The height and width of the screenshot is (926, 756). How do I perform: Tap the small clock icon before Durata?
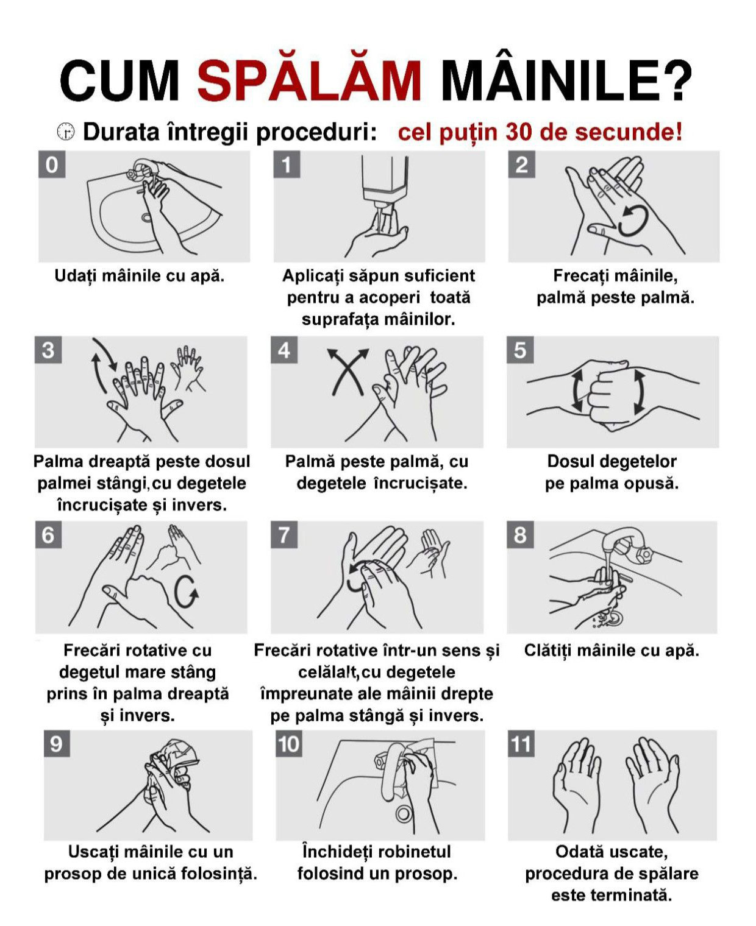tap(65, 131)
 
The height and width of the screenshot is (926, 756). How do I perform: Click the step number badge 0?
tap(52, 164)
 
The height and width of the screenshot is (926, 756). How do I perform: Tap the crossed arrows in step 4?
tap(348, 372)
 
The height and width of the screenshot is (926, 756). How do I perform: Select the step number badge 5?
tap(520, 350)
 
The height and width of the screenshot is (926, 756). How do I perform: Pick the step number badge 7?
tap(284, 535)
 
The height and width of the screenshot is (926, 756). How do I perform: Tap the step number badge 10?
tap(289, 744)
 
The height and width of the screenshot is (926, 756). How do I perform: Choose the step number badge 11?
tap(521, 744)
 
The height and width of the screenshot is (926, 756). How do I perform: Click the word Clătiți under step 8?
tap(548, 650)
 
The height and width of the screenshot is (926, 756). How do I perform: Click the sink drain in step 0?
tap(146, 217)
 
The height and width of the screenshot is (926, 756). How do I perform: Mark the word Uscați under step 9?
tap(94, 852)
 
